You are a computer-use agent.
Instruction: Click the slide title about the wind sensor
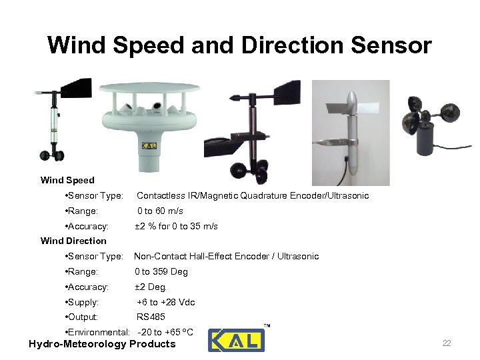pos(239,45)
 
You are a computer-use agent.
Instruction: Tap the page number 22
pos(446,343)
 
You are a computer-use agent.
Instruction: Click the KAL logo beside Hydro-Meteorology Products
pos(236,340)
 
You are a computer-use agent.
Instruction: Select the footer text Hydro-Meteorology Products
pos(102,344)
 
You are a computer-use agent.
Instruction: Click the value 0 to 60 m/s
pos(160,211)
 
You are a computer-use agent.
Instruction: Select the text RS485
pos(151,317)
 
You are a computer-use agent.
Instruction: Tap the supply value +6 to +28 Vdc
pos(165,302)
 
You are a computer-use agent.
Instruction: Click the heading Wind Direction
pos(73,241)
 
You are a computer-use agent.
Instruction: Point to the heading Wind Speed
pos(67,180)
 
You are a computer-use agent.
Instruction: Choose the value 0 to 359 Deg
pos(161,271)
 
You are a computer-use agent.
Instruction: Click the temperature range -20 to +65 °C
pos(165,332)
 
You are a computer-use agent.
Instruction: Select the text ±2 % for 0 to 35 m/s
pos(176,226)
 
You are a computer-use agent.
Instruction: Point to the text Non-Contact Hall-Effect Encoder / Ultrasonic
pos(227,256)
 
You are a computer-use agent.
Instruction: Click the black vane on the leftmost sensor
pos(79,90)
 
